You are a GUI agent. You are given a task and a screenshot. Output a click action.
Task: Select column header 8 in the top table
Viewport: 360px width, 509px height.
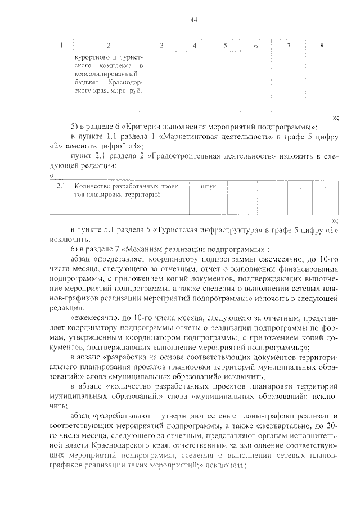321,45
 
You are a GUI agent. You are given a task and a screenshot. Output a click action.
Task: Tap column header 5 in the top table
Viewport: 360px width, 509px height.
225,45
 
